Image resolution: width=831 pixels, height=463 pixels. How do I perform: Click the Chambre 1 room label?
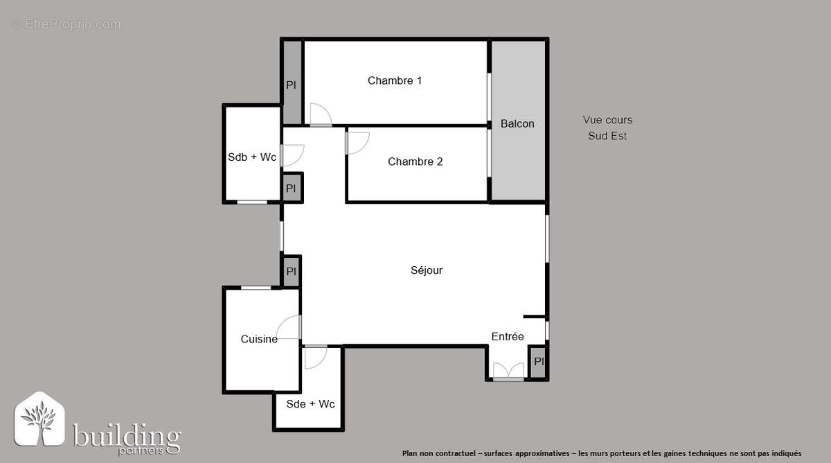pos(395,81)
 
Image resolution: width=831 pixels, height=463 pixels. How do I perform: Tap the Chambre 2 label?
pos(415,162)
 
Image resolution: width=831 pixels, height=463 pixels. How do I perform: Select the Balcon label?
pos(517,124)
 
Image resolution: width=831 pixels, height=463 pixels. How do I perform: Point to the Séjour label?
pos(427,271)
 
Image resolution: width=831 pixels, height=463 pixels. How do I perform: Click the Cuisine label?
pos(259,340)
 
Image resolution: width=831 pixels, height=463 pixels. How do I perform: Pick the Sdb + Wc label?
pos(252,157)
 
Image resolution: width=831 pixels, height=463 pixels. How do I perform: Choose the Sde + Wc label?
pos(310,403)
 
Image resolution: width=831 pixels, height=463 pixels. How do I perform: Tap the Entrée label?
pos(508,337)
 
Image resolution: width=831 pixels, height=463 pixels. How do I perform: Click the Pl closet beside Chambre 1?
pos(292,85)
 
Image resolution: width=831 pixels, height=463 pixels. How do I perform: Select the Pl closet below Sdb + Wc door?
pos(291,188)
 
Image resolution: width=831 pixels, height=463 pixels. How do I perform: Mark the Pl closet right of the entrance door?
pos(539,362)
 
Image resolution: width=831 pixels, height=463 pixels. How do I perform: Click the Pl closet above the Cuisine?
pos(291,271)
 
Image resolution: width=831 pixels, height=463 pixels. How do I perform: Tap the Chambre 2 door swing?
pos(357,142)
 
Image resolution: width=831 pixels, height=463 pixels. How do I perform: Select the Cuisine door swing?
pos(289,327)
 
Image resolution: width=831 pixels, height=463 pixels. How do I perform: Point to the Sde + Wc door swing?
pos(315,356)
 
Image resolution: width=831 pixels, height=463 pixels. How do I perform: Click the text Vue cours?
pos(607,121)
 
